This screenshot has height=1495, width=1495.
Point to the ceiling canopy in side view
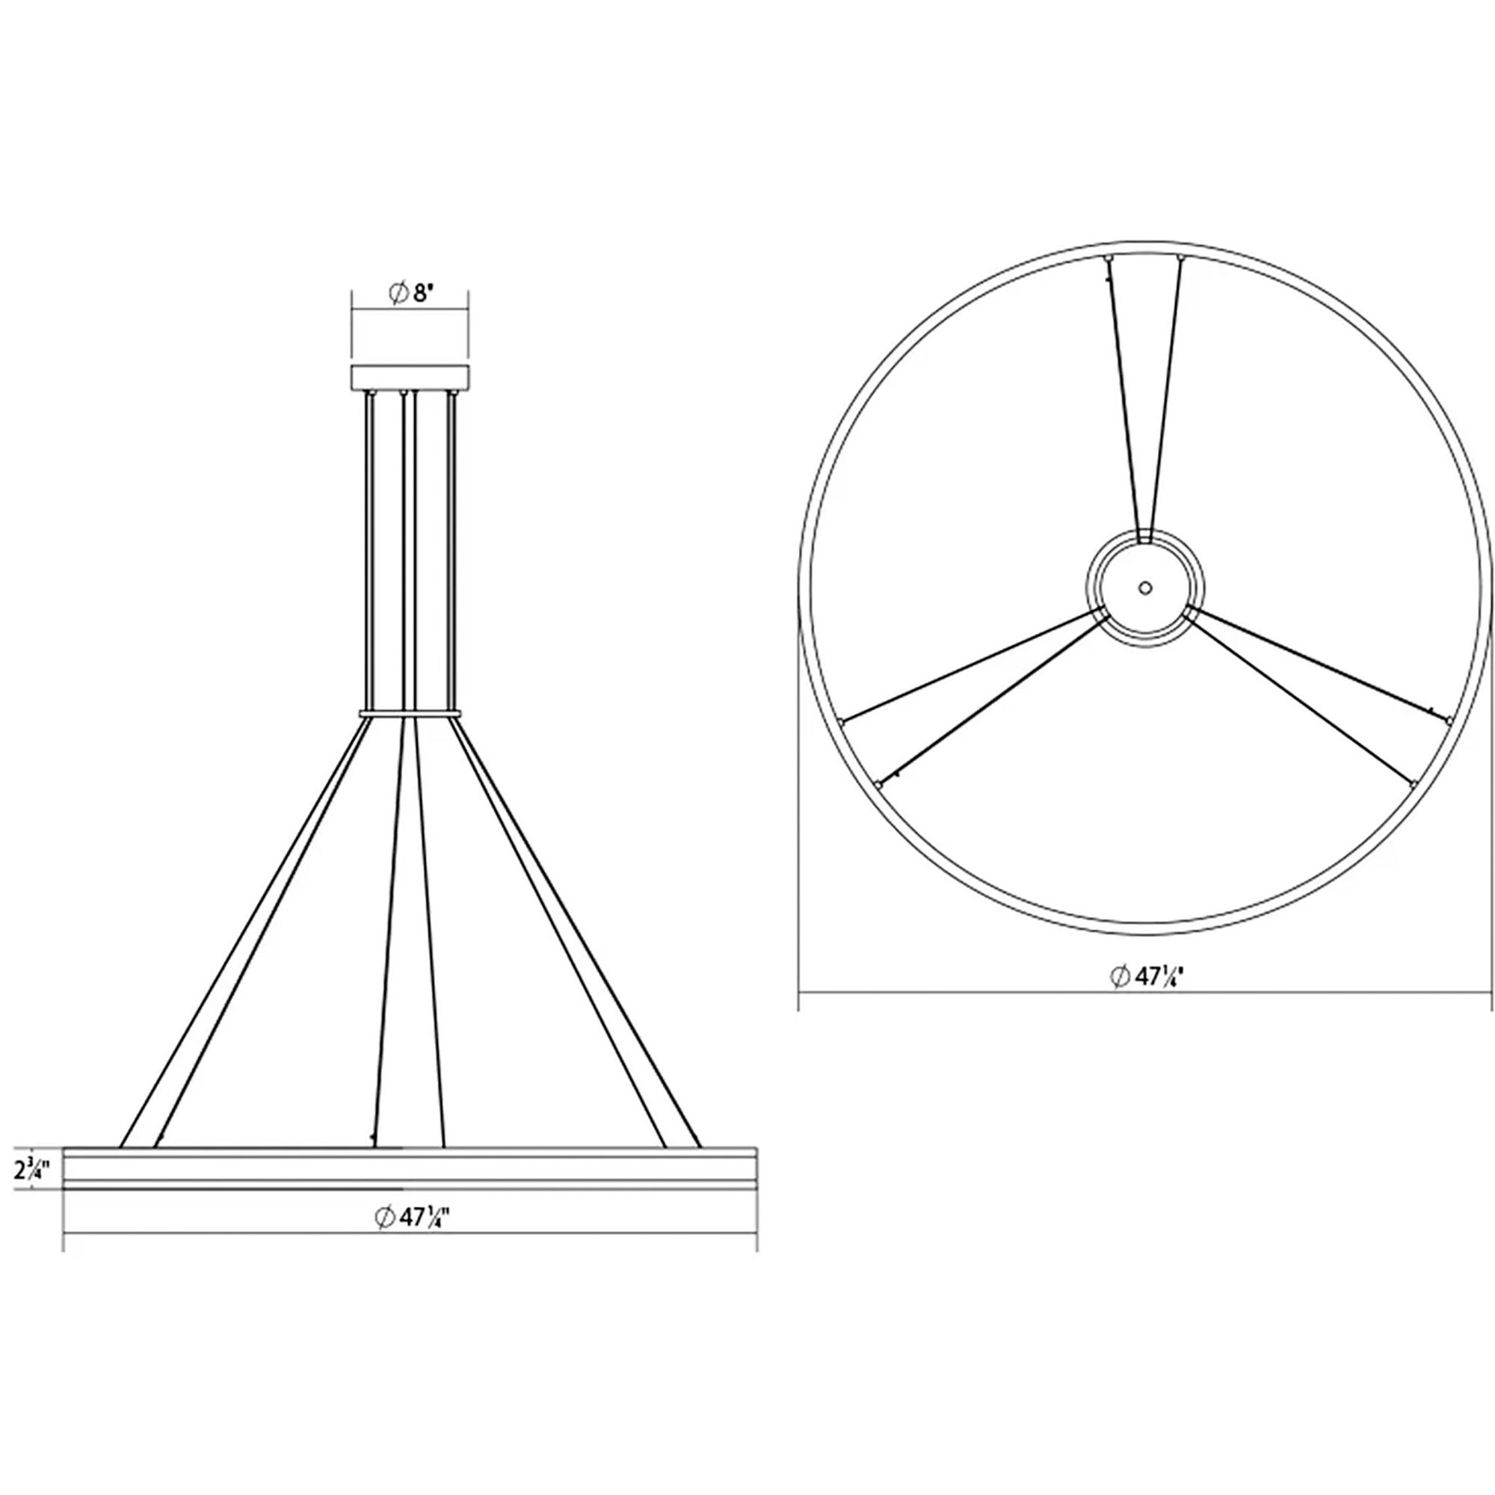pos(410,377)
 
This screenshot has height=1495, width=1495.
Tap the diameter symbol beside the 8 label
pos(398,295)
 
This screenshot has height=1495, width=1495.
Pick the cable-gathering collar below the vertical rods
pos(410,712)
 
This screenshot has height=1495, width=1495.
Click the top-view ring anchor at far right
pos(1448,721)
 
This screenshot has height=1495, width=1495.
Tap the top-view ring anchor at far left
pos(840,721)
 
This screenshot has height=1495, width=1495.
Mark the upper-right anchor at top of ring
pos(1180,256)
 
